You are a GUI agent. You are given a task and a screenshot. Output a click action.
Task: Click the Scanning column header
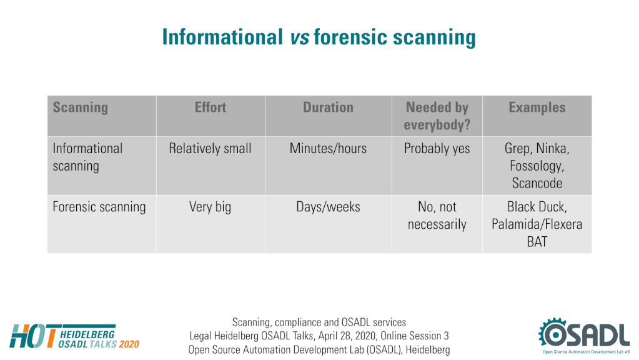point(81,107)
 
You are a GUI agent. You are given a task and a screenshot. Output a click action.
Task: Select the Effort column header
point(211,107)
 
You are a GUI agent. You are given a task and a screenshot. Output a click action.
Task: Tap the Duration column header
point(328,107)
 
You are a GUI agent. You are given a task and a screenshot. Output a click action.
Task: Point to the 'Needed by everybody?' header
point(437,116)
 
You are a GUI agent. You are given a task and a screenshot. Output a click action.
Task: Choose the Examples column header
point(537,107)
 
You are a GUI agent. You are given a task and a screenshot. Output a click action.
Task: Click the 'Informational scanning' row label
point(87,157)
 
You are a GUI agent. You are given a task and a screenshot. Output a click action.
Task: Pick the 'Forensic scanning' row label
point(99,207)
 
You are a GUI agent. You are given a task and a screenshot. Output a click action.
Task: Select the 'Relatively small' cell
point(211,148)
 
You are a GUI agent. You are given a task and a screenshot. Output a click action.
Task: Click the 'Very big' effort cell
point(211,207)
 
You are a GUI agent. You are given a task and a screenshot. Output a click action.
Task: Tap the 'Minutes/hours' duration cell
point(328,148)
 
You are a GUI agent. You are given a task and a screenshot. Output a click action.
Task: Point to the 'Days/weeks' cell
point(328,207)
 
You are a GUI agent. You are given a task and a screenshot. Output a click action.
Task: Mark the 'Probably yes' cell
point(437,148)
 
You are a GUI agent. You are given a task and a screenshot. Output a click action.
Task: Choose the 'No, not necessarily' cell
point(437,215)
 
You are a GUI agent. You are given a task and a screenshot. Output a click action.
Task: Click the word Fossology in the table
point(537,166)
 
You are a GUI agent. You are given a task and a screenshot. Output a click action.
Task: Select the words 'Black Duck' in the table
point(537,207)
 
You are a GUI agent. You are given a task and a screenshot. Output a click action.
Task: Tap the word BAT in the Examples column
point(537,242)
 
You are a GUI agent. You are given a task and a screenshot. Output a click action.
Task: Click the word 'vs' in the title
point(300,37)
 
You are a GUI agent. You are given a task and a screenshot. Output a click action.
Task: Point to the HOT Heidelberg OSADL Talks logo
point(74,336)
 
